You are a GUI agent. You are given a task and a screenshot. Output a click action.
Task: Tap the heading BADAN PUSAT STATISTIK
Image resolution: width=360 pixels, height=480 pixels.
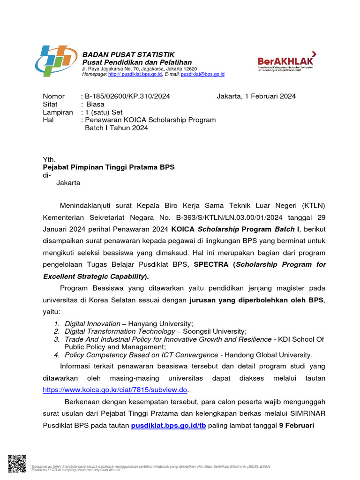[x=128, y=55]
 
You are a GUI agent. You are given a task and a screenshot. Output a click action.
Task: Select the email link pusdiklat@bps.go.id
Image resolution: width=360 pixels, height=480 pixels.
[x=202, y=74]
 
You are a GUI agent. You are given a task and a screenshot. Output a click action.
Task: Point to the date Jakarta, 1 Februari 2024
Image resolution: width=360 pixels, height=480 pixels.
[x=256, y=97]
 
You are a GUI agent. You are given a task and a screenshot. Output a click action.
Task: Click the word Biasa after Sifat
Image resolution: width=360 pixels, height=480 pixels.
[x=95, y=105]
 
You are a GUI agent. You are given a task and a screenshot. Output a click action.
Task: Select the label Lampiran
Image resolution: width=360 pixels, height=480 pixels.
[x=58, y=112]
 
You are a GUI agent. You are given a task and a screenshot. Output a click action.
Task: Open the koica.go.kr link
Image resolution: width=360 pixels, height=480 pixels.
[x=115, y=390]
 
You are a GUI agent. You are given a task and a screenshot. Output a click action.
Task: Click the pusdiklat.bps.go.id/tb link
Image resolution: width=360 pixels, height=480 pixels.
[x=168, y=426]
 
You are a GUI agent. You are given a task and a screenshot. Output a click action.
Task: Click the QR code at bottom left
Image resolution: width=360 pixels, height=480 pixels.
[x=17, y=464]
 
